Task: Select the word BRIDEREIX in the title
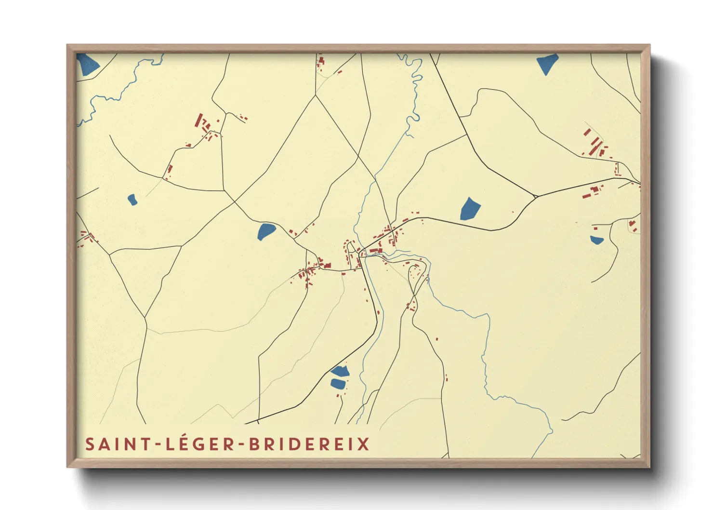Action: (x=309, y=444)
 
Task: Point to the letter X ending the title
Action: (x=364, y=444)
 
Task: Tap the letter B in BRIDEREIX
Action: (x=255, y=444)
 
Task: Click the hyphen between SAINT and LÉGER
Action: (x=158, y=444)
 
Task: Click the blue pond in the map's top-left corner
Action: (x=87, y=65)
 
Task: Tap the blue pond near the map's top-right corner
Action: (x=547, y=63)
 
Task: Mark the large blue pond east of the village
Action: (x=470, y=209)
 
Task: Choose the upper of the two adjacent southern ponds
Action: (x=340, y=371)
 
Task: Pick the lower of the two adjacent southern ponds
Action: (x=338, y=384)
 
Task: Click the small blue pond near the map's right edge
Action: (x=596, y=240)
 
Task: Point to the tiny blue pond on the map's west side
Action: (x=132, y=200)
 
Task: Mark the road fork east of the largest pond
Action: (x=536, y=197)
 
